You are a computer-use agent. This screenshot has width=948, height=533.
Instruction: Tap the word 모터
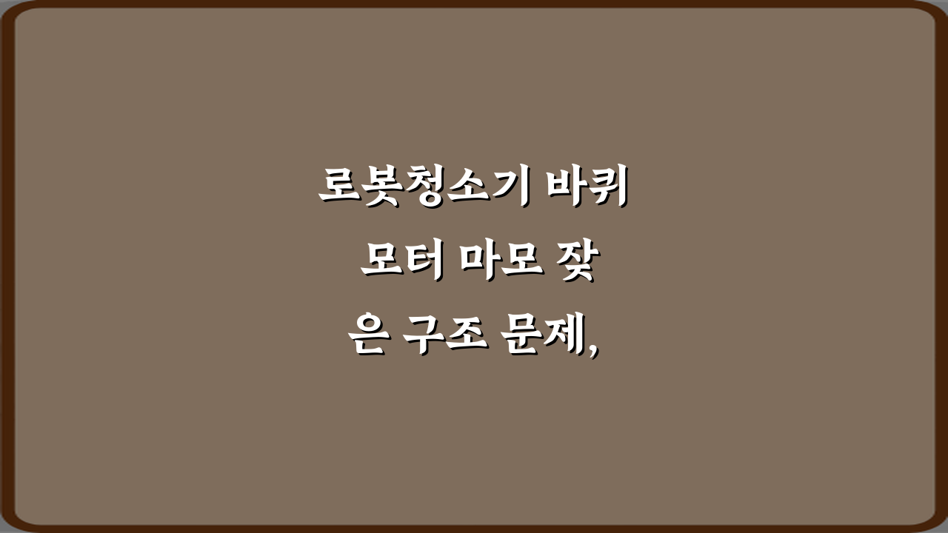401,264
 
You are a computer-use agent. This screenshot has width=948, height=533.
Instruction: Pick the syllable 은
367,338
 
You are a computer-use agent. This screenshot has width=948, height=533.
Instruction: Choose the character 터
422,264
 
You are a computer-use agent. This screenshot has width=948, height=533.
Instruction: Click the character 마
484,264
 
